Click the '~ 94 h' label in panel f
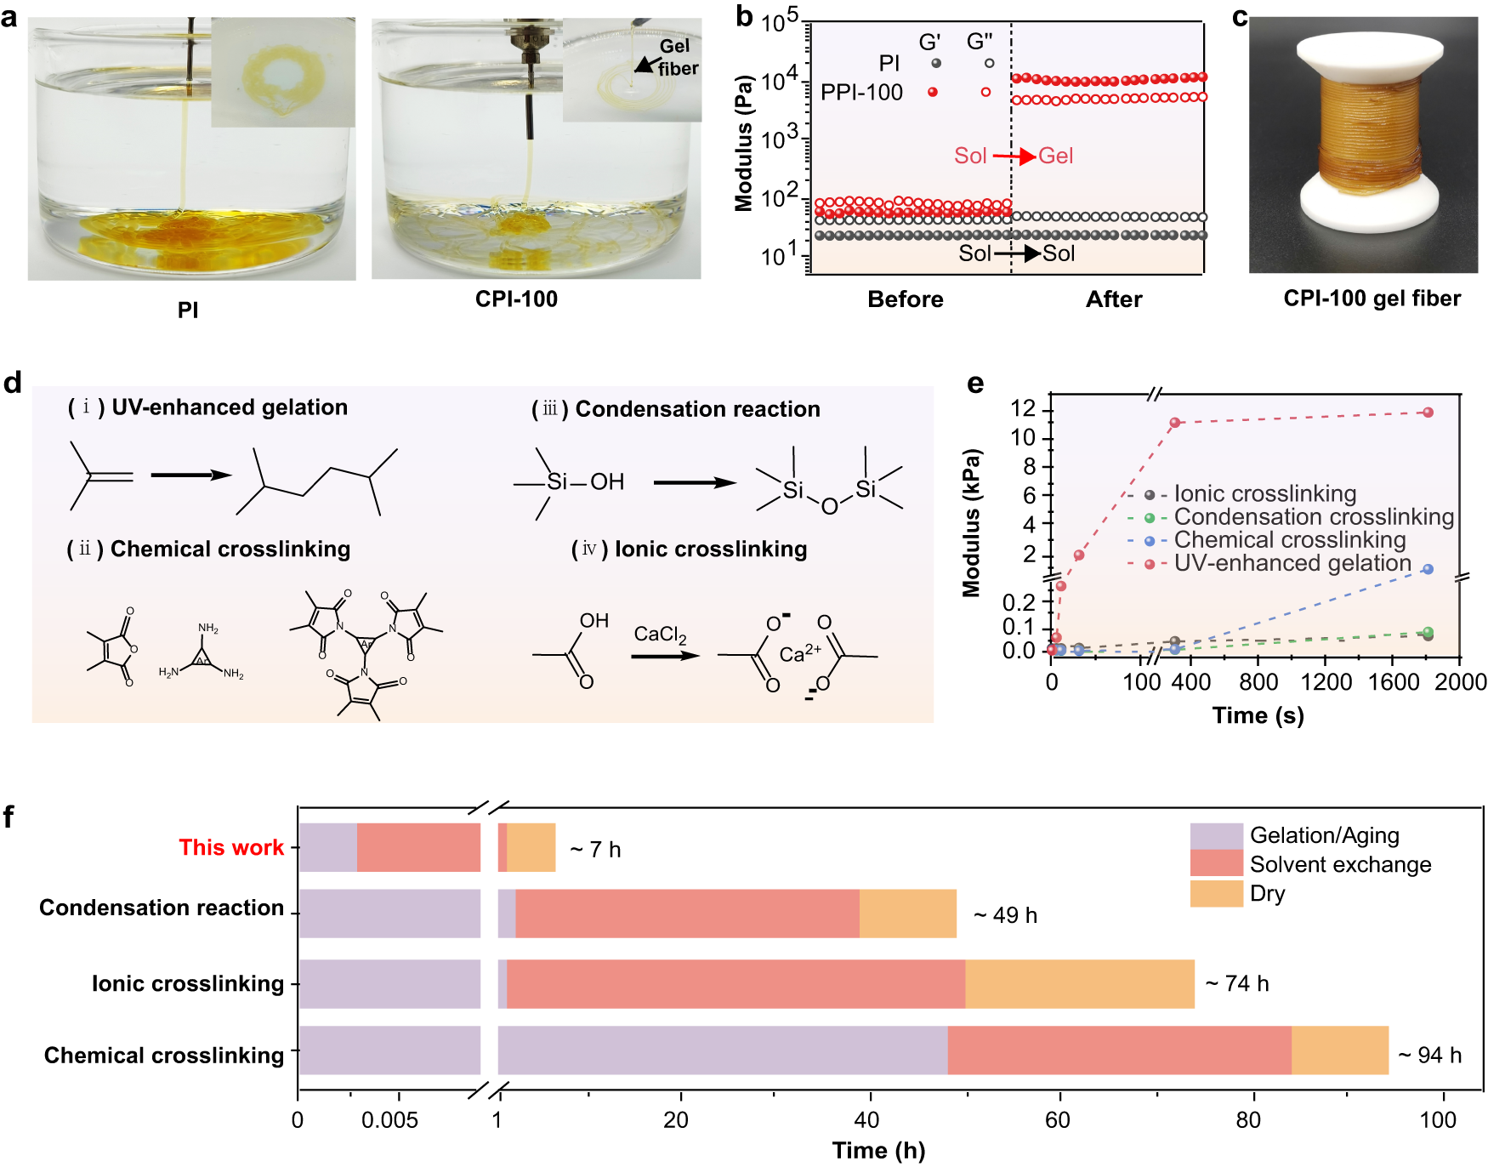pyautogui.click(x=1430, y=1056)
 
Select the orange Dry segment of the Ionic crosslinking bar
pyautogui.click(x=1079, y=984)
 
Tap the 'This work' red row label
pyautogui.click(x=231, y=848)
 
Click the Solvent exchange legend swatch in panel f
pyautogui.click(x=1216, y=864)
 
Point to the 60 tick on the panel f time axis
pyautogui.click(x=1058, y=1119)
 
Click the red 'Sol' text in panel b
pyautogui.click(x=970, y=156)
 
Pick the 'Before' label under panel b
pyautogui.click(x=905, y=299)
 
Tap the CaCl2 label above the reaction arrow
pyautogui.click(x=660, y=635)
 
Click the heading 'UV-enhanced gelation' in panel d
pyautogui.click(x=230, y=407)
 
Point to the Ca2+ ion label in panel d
pyautogui.click(x=800, y=653)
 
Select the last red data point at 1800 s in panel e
pyautogui.click(x=1428, y=413)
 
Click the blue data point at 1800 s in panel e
pyautogui.click(x=1428, y=569)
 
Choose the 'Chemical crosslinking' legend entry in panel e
pyautogui.click(x=1289, y=540)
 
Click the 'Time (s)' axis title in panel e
pyautogui.click(x=1258, y=715)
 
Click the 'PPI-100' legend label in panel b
pyautogui.click(x=861, y=93)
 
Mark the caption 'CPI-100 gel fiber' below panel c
pyautogui.click(x=1372, y=299)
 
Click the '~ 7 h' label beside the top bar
pyautogui.click(x=595, y=850)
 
